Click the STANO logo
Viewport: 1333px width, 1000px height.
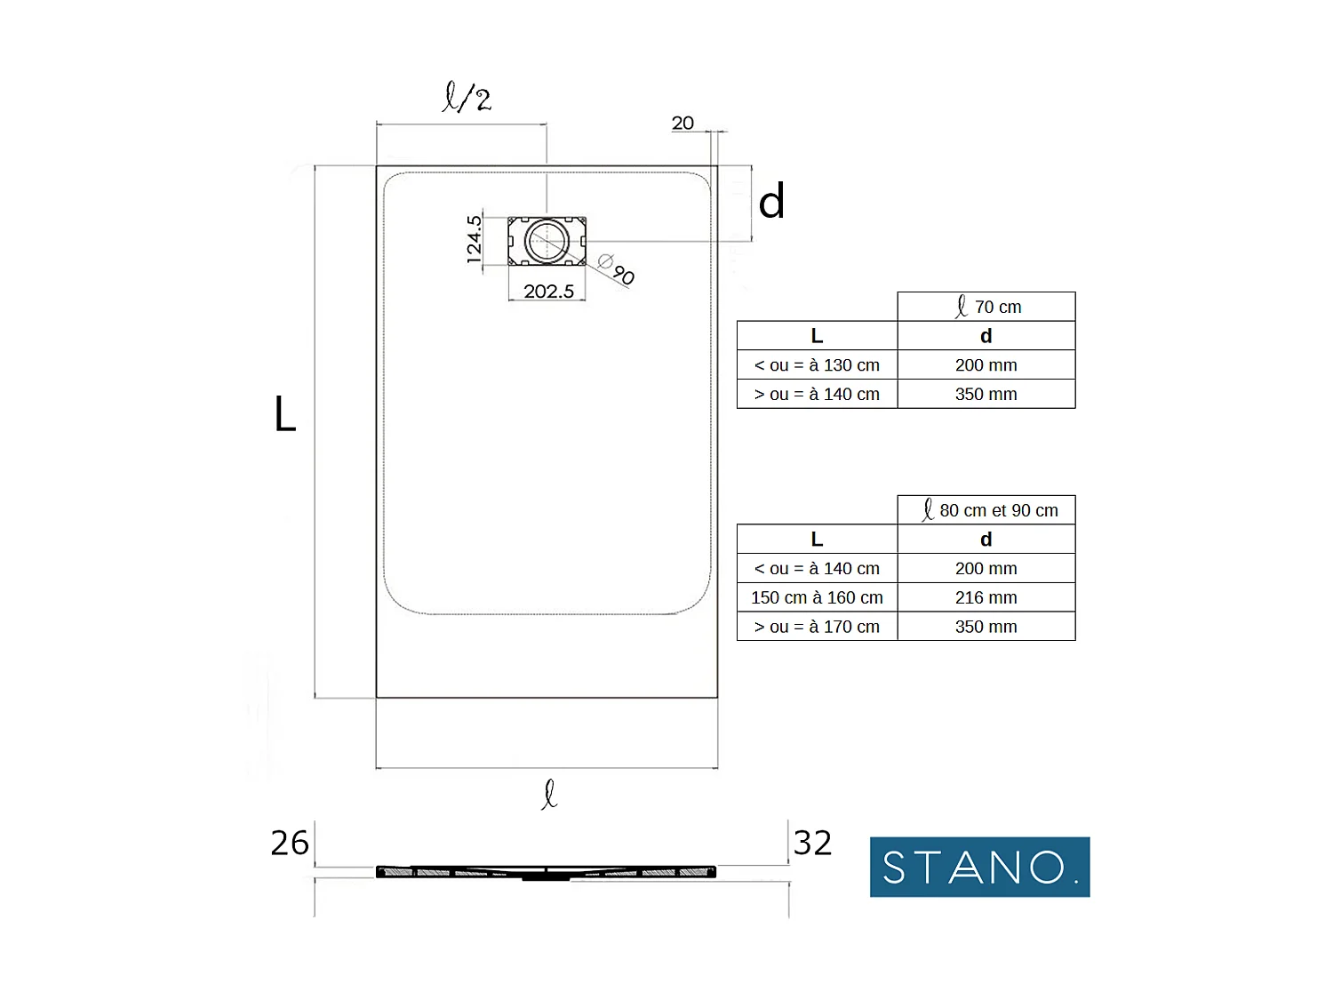click(979, 867)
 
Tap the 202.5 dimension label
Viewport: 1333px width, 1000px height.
click(548, 292)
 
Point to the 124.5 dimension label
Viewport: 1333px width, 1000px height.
click(475, 238)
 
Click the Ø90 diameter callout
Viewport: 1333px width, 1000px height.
click(617, 268)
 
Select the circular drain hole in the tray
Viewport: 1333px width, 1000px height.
click(547, 241)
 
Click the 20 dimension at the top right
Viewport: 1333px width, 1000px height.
click(682, 124)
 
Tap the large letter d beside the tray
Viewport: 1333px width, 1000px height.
click(771, 202)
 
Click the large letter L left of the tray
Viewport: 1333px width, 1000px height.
click(284, 415)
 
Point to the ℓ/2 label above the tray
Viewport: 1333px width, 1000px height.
click(467, 97)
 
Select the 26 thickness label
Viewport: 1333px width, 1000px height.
click(290, 843)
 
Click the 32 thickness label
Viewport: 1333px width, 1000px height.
click(812, 843)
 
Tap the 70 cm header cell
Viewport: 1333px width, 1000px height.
click(986, 307)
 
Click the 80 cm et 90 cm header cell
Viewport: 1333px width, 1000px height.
click(986, 510)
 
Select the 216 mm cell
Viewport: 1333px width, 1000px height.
click(986, 597)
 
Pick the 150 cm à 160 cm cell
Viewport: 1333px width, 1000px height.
click(817, 597)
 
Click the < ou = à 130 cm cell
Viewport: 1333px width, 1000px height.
click(817, 365)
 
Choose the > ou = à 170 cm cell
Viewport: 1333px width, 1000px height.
click(817, 627)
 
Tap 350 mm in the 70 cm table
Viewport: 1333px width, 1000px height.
click(986, 394)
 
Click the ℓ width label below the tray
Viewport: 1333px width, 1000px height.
click(549, 794)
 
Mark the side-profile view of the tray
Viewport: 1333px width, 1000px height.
click(547, 872)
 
